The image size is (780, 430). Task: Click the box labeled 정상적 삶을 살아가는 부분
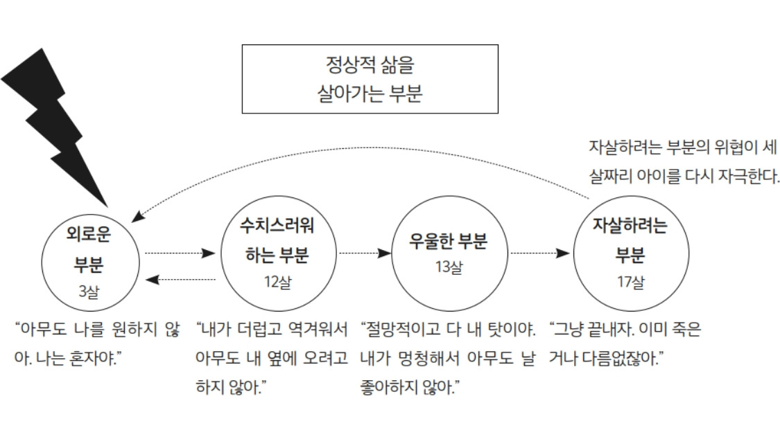(x=370, y=79)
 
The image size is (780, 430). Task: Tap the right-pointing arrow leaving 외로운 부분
(x=180, y=253)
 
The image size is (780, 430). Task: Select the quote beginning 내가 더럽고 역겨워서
(x=272, y=357)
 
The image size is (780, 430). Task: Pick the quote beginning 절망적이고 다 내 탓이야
(x=448, y=357)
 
